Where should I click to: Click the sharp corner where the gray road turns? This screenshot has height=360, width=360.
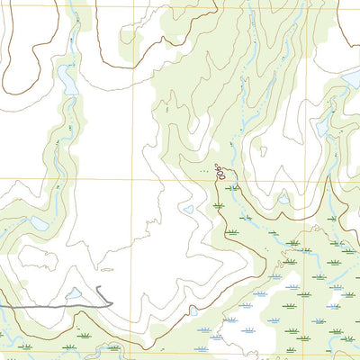112,303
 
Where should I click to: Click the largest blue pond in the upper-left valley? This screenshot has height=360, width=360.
68,80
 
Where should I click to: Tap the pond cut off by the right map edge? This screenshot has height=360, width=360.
352,82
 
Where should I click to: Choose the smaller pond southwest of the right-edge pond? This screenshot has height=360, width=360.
322,129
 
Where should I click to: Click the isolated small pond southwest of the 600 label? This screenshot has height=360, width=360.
187,210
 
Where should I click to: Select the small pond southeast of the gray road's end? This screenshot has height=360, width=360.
192,314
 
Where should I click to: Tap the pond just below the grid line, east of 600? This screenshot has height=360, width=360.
283,197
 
